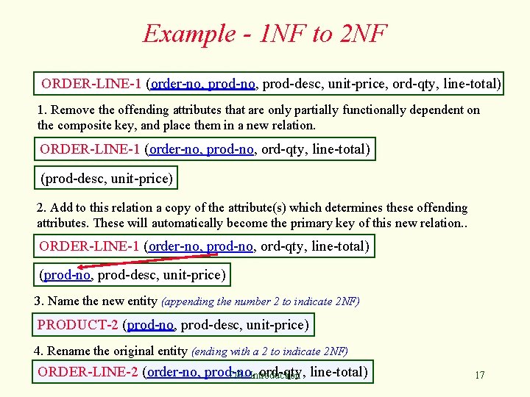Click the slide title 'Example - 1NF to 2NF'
point(264,34)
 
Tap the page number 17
point(479,376)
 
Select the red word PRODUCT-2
point(78,324)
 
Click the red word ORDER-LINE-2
point(88,371)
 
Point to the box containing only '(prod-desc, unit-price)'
point(107,178)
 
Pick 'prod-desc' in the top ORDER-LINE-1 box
point(291,84)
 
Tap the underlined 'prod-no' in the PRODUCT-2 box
point(151,324)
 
